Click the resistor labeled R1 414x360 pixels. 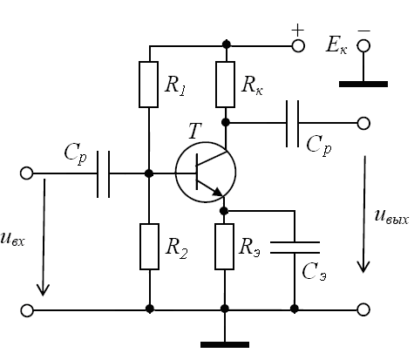coord(148,85)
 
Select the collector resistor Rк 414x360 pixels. coord(225,85)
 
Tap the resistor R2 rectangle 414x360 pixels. coord(149,247)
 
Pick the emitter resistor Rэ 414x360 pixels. coord(224,247)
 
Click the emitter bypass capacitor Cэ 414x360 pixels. coord(295,248)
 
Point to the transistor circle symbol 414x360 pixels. coord(206,172)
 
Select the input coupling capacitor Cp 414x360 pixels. coord(104,174)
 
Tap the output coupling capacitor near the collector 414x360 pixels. coord(292,124)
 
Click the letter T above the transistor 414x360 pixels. coord(194,131)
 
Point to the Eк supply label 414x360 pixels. coord(336,45)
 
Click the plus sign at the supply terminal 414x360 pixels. coord(298,31)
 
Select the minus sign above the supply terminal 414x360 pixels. coord(363,31)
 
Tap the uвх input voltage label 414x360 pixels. coord(13,240)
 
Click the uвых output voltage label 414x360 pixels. coord(391,217)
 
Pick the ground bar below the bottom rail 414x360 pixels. coord(225,344)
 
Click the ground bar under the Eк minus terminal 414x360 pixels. coord(363,84)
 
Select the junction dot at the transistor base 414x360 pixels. coord(149,173)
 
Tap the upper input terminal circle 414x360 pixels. coord(27,173)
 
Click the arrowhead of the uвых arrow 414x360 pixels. coord(363,267)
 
